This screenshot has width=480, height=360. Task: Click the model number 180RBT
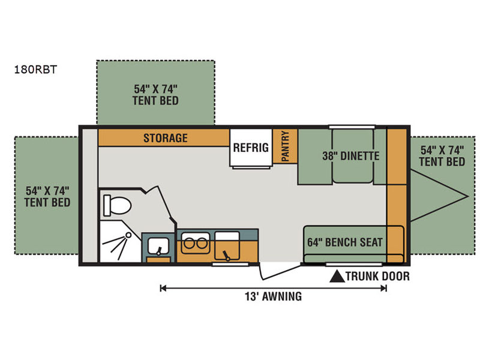click(x=35, y=70)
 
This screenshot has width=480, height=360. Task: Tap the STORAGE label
click(x=166, y=138)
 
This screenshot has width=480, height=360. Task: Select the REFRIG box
click(x=251, y=148)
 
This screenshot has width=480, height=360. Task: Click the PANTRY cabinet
click(x=285, y=146)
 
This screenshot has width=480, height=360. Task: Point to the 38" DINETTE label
click(x=351, y=156)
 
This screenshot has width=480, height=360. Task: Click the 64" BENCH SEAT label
click(x=345, y=242)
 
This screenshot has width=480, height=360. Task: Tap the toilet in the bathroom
click(x=117, y=205)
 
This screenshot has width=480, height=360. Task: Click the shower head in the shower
click(x=128, y=235)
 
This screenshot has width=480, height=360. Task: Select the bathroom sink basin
click(x=158, y=246)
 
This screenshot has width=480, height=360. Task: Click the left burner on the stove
click(x=189, y=244)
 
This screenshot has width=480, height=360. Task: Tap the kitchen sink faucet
click(x=227, y=256)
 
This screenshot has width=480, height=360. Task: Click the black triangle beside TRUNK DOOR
click(x=337, y=276)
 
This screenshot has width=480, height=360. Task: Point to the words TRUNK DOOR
click(x=378, y=277)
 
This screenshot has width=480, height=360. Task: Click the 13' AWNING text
click(x=273, y=296)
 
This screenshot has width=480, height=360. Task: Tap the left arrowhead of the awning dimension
click(x=163, y=288)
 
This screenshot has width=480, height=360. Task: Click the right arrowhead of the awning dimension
click(x=383, y=288)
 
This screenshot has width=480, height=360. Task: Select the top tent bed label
click(x=155, y=95)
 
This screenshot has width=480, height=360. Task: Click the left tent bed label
click(x=47, y=197)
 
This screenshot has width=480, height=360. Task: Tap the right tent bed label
click(x=442, y=156)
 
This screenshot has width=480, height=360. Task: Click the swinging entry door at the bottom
click(x=280, y=272)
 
